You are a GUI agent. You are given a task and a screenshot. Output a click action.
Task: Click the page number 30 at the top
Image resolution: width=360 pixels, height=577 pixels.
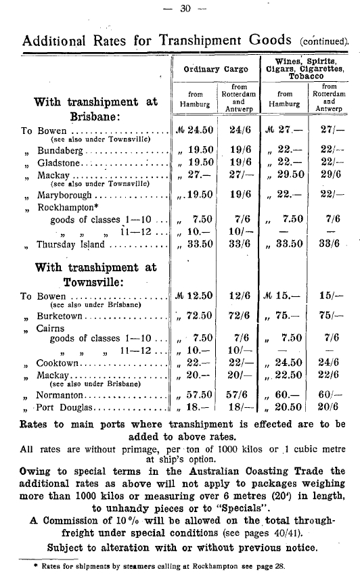[179, 8]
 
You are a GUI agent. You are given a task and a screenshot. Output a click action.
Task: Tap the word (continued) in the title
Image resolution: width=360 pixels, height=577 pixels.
[323, 40]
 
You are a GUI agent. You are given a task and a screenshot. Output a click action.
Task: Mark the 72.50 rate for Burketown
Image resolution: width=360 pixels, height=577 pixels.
[199, 315]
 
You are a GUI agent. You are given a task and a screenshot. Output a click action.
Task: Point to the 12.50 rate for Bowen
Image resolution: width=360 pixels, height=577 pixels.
[199, 296]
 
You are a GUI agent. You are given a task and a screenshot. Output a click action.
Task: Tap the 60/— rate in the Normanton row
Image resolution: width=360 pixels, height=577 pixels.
[330, 393]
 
